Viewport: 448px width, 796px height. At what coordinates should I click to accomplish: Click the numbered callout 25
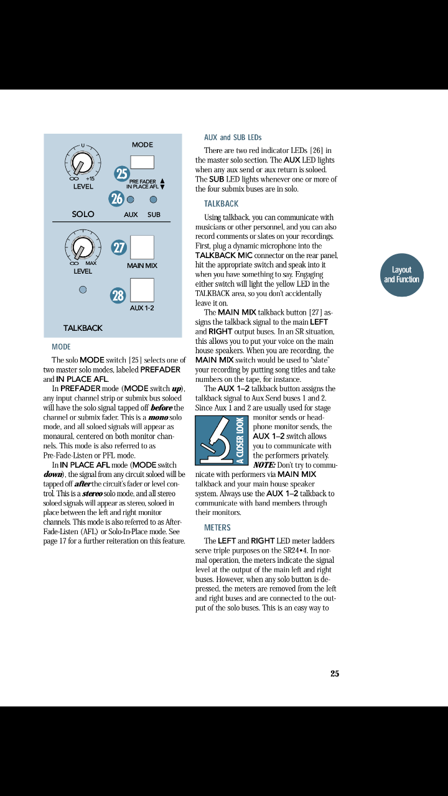coord(122,174)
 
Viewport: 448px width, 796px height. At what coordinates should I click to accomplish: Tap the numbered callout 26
coord(116,199)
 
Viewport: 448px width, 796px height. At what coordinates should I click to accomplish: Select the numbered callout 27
coord(118,248)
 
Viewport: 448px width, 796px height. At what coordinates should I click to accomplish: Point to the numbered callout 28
coord(118,295)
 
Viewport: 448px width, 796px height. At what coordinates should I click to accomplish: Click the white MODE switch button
coord(142,162)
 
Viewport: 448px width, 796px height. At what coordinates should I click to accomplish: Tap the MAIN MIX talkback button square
coord(142,248)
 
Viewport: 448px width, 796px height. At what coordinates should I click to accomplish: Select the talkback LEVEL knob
coord(80,248)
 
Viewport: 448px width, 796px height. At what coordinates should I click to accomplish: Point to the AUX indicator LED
coord(131,200)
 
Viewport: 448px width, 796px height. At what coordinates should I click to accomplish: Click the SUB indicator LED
coord(153,200)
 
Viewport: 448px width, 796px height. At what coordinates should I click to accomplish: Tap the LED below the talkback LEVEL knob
coord(82,289)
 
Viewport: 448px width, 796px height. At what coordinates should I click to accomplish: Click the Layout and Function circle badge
coord(402,275)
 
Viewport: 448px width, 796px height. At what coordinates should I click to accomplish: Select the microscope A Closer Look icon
coord(222,440)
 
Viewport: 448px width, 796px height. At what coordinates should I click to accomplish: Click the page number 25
coord(335,673)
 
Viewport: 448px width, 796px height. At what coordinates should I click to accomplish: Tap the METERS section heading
coord(217,528)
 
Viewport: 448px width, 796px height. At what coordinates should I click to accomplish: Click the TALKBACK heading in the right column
coord(221,204)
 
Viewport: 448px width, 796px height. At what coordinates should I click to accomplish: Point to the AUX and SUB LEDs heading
coord(233,137)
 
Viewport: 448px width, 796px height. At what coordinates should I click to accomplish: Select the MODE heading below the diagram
coord(61,347)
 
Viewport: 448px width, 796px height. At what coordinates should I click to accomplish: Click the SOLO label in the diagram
coord(83,214)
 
